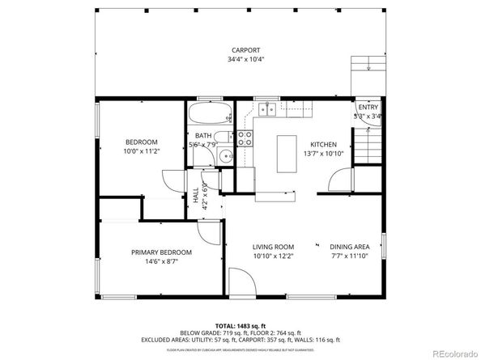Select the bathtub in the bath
pos(211,112)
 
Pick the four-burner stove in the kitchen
pos(246,138)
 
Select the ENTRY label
pos(368,107)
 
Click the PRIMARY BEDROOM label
pos(161,252)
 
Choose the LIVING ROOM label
pos(273,247)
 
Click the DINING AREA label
pos(350,247)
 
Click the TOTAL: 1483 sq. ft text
pos(240,324)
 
